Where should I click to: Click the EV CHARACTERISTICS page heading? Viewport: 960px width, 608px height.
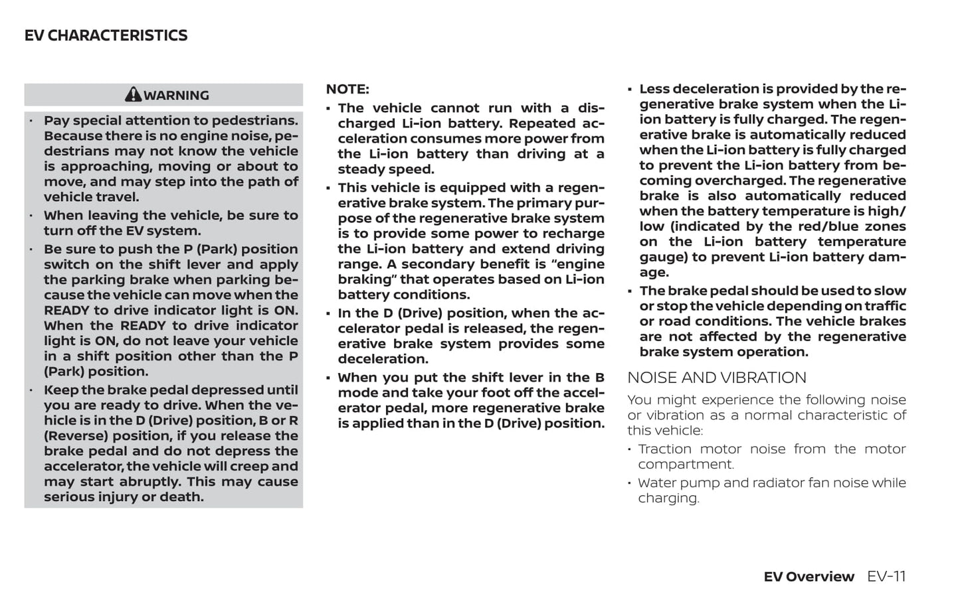click(106, 36)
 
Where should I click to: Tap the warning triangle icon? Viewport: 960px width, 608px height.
click(133, 94)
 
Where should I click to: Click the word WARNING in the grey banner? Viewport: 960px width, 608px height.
click(176, 96)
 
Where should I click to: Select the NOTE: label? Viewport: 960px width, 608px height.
click(347, 90)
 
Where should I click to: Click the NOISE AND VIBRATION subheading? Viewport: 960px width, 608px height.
click(716, 378)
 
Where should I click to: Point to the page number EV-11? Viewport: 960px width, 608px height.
click(886, 576)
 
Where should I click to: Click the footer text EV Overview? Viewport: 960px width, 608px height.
click(809, 577)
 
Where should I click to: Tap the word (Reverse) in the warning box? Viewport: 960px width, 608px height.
click(76, 436)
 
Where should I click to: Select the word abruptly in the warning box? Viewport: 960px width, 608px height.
click(150, 482)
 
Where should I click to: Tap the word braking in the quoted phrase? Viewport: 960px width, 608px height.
click(365, 279)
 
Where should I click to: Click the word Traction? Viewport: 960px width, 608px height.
click(664, 449)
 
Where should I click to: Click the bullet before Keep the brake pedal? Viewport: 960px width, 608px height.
click(32, 390)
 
